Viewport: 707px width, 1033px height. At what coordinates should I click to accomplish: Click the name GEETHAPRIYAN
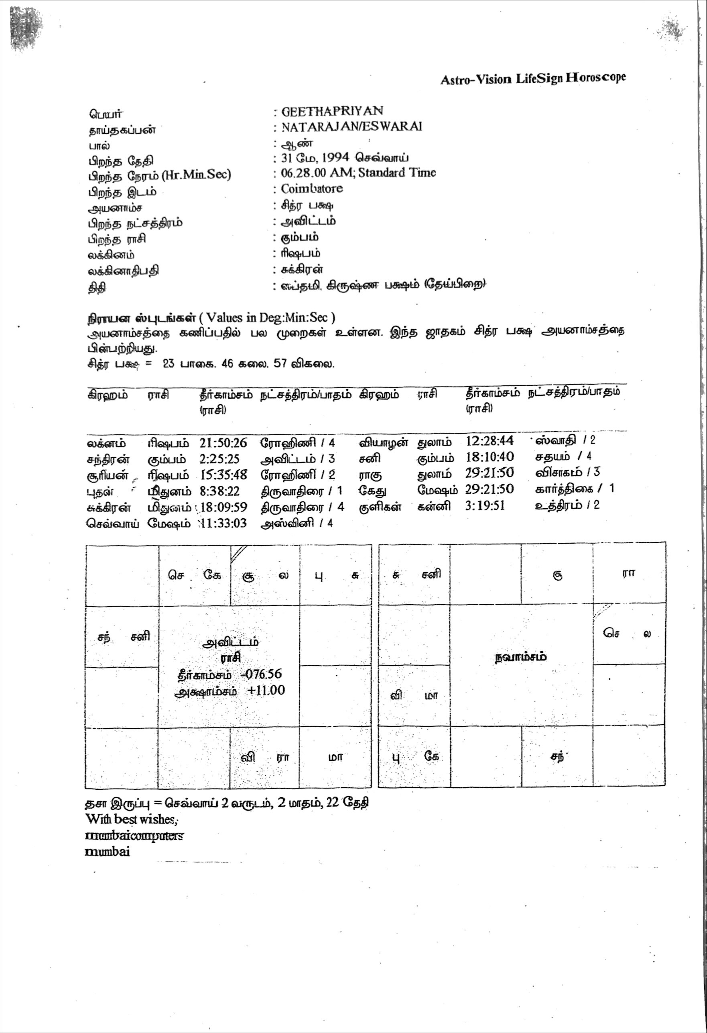click(x=332, y=111)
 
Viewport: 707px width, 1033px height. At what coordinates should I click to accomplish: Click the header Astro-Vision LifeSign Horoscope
click(x=533, y=79)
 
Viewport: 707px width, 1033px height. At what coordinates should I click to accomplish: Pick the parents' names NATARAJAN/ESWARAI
click(x=351, y=127)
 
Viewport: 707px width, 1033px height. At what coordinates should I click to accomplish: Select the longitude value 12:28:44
click(x=489, y=441)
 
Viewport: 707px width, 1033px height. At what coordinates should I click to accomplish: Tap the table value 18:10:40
click(x=490, y=457)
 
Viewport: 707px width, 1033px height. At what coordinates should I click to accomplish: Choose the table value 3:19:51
click(x=485, y=506)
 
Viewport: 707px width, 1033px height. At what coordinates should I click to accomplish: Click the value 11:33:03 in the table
click(x=224, y=523)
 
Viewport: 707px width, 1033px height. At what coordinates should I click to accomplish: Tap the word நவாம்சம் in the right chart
click(x=521, y=657)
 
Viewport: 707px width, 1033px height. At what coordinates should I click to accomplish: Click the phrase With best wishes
click(x=132, y=819)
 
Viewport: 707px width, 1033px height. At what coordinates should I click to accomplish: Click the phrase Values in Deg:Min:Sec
click(x=270, y=317)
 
